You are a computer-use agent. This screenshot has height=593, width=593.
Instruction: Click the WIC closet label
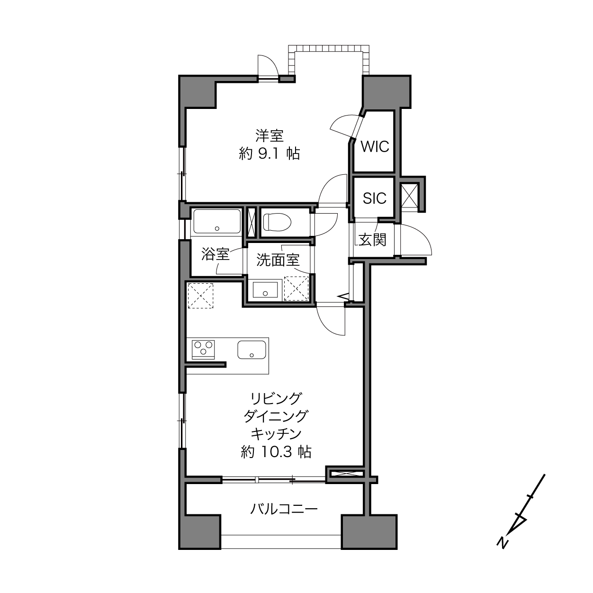pos(375,147)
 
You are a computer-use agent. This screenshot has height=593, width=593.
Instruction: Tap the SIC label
pos(375,198)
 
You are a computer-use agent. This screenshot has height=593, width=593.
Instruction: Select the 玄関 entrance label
pos(372,240)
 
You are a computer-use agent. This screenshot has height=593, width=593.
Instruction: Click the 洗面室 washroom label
pos(278,260)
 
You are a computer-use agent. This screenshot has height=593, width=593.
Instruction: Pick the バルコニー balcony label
pos(283,509)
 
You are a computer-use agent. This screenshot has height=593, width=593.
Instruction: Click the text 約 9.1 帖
pos(270,153)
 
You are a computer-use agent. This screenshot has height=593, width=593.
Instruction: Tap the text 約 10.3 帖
pos(276,452)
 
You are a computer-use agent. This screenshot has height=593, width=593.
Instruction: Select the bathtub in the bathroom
pos(216,221)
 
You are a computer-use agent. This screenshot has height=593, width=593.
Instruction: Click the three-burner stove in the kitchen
pos(203,349)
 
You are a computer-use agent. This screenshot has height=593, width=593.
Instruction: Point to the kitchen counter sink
pos(252,349)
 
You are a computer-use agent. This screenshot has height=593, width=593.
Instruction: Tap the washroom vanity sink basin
pos(265,289)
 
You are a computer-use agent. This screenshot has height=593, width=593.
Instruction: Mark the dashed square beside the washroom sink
pos(296,288)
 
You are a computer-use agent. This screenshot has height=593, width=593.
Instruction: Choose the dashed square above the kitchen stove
pos(200,296)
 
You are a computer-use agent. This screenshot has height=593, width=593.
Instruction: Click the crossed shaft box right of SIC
pos(409,196)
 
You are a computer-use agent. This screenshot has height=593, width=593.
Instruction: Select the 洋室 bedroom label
pos(270,136)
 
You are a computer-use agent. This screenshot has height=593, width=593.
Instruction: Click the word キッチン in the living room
pos(276,434)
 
